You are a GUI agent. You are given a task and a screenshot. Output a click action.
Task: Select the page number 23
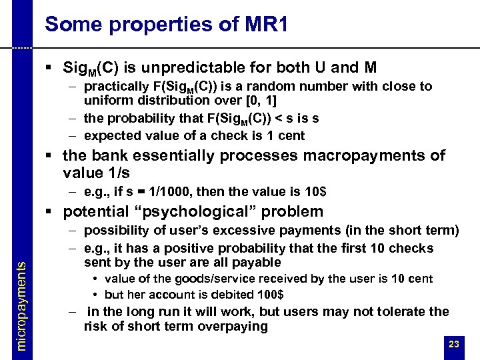click(x=454, y=345)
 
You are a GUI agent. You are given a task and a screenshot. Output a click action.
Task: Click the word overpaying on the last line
click(x=233, y=327)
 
